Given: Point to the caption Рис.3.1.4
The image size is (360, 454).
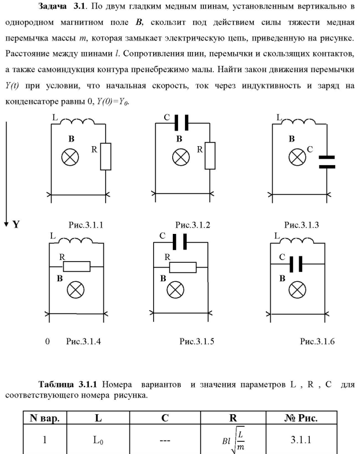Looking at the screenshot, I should point(83,341).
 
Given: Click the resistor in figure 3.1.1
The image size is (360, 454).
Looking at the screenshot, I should point(105,157).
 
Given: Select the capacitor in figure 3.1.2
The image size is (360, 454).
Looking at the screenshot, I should point(182,122).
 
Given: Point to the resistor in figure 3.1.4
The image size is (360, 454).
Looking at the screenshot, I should point(76,266).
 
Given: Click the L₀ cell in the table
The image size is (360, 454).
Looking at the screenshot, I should point(99,440).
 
